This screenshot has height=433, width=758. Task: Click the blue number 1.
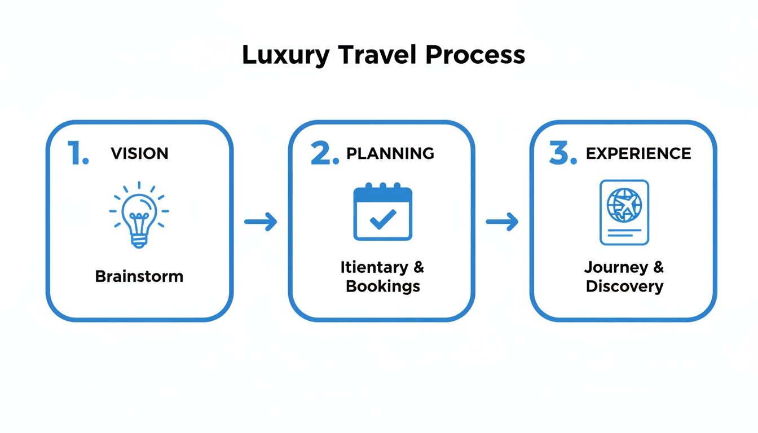78,153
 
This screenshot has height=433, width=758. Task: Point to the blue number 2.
324,153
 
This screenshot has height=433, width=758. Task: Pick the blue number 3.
562,153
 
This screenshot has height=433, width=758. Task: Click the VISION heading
139,153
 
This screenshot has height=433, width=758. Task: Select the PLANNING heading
390,153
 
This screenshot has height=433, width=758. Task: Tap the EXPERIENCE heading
638,153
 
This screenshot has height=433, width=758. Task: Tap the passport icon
624,213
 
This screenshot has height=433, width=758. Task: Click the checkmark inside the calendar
384,219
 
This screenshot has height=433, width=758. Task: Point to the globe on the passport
624,204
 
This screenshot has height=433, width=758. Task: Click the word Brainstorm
139,276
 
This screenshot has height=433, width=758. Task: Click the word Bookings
383,286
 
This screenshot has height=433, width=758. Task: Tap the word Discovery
624,286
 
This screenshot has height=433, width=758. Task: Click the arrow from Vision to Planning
261,222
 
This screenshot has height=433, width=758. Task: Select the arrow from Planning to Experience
502,222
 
